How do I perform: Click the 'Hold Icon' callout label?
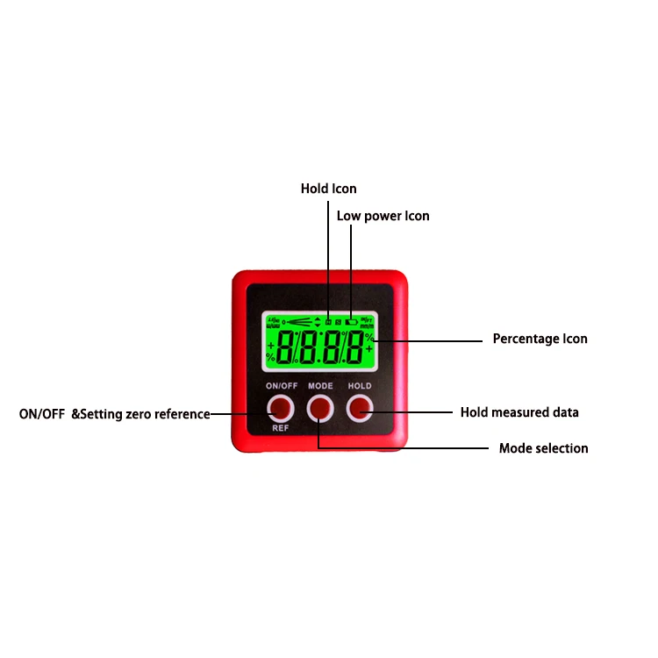[328, 189]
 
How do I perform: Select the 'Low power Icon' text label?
[383, 216]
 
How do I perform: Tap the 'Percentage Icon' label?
[540, 339]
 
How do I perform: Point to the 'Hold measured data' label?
[519, 412]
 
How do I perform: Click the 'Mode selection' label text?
[543, 448]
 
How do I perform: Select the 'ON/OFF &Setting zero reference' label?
[114, 414]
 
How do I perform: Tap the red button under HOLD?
[359, 407]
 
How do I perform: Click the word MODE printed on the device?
[320, 386]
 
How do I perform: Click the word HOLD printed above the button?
[359, 386]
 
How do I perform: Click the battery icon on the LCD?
[351, 322]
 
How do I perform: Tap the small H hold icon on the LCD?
[328, 322]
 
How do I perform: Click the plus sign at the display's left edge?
[270, 345]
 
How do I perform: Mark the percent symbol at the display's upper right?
[369, 336]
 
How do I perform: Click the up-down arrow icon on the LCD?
[317, 322]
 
